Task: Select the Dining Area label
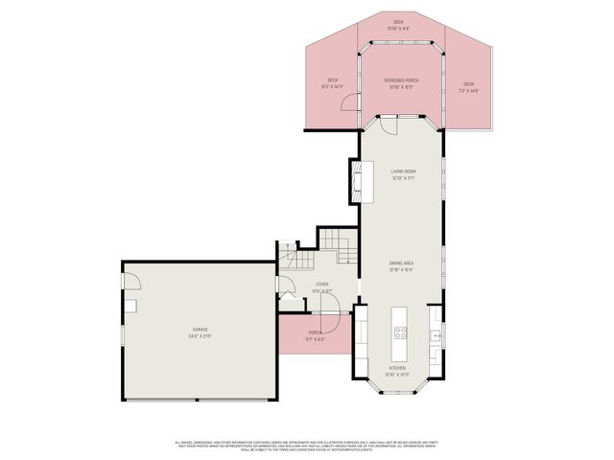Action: [x=400, y=267]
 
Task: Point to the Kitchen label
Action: [x=396, y=371]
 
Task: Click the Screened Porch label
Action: [x=400, y=82]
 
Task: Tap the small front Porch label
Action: [x=316, y=335]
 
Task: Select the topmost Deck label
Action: [x=398, y=24]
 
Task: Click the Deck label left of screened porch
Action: [x=332, y=82]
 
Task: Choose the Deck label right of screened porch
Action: [x=468, y=86]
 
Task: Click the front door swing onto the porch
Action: [x=327, y=302]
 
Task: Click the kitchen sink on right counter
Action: [x=437, y=335]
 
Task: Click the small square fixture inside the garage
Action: [x=132, y=306]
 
